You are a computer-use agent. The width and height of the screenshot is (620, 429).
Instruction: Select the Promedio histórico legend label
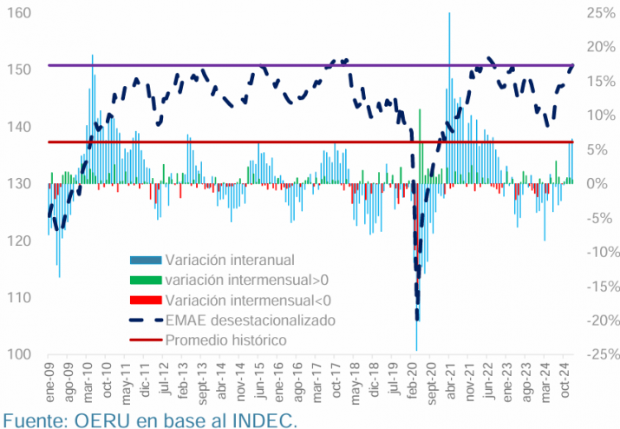pyautogui.click(x=225, y=340)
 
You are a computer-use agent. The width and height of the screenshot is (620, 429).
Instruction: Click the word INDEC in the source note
pyautogui.click(x=264, y=420)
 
